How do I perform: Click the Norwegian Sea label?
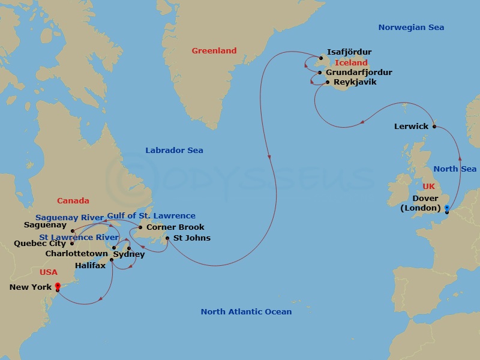[x=411, y=28]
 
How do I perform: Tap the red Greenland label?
[x=214, y=51]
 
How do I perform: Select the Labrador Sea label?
[x=174, y=151]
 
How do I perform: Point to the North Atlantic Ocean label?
[x=246, y=311]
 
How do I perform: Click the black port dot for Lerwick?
[x=434, y=126]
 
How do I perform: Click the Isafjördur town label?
[x=349, y=52]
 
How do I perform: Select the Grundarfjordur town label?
[x=359, y=73]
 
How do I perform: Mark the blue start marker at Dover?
[x=447, y=208]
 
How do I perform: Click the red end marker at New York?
[x=58, y=286]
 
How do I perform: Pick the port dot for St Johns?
[x=167, y=238]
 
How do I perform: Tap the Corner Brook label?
[x=175, y=227]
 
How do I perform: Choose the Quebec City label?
[x=40, y=244]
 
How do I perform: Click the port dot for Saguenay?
[x=72, y=230]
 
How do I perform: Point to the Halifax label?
[x=90, y=265]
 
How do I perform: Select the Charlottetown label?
[x=77, y=254]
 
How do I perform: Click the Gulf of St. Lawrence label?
[x=151, y=216]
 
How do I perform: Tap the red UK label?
[x=428, y=187]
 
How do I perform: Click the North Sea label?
[x=455, y=169]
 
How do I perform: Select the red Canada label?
[x=73, y=201]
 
